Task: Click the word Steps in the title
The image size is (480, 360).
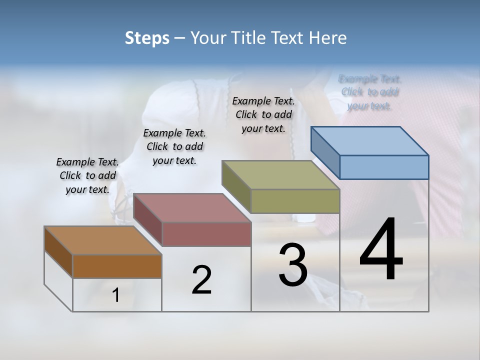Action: (x=146, y=38)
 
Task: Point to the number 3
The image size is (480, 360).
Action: (x=293, y=265)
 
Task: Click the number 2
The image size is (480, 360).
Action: (x=201, y=279)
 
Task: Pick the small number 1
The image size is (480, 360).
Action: (x=116, y=295)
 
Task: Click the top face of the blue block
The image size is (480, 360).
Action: (x=370, y=141)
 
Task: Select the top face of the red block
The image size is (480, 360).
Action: (x=192, y=208)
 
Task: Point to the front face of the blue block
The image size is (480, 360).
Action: (x=384, y=167)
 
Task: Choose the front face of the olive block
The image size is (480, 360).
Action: (x=295, y=201)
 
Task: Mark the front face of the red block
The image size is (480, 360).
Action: (x=206, y=234)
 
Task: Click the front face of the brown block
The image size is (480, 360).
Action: (x=117, y=266)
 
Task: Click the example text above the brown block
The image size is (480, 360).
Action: (x=87, y=175)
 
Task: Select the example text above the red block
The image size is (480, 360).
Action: (x=174, y=146)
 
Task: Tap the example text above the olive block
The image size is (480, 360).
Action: (x=263, y=114)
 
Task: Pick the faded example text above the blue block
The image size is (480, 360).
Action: (x=370, y=92)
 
